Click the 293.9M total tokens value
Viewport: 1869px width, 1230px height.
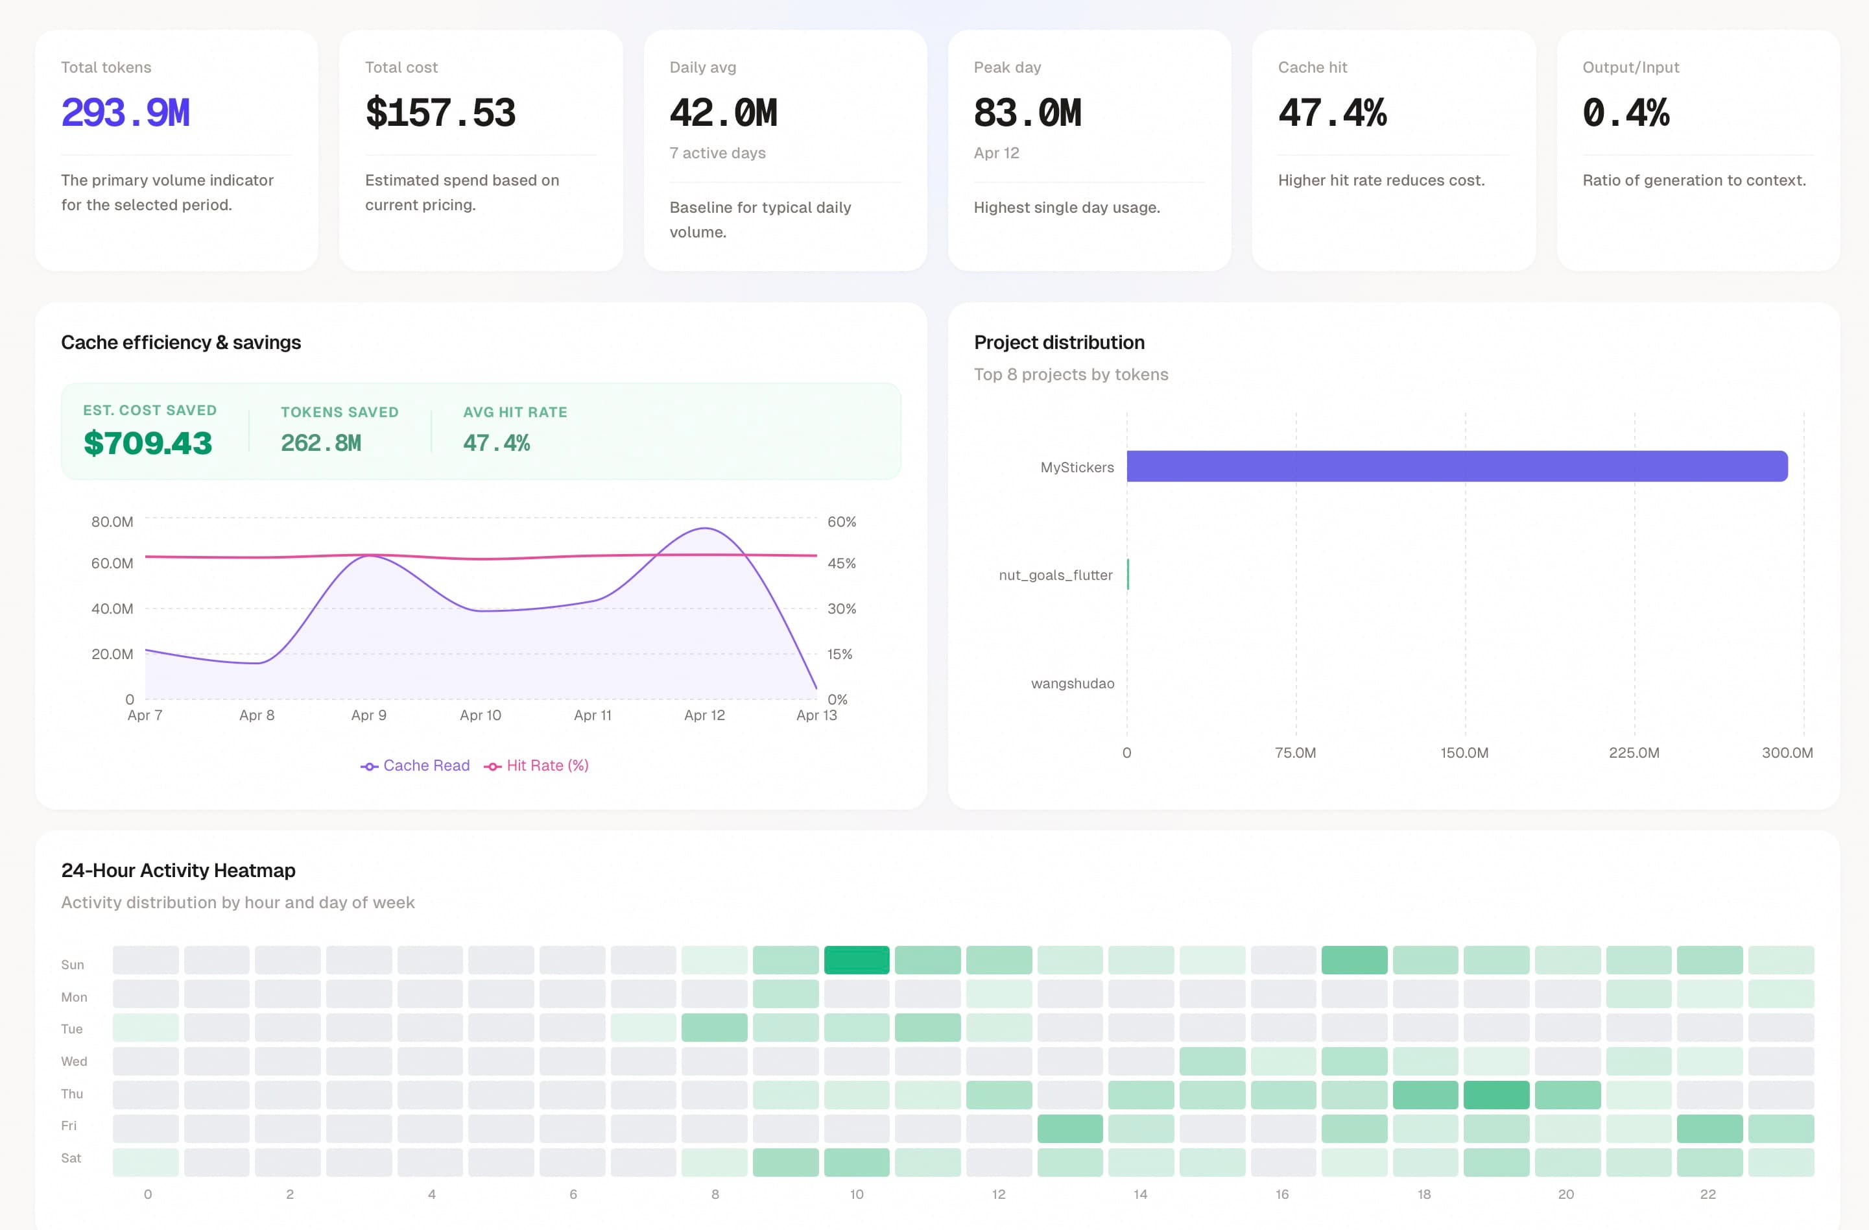tap(126, 113)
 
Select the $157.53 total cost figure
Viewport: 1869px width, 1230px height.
tap(440, 113)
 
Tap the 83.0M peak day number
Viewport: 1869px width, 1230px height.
tap(1027, 113)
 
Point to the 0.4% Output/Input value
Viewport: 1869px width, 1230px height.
tap(1626, 113)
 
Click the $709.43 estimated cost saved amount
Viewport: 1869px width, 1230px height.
tap(148, 443)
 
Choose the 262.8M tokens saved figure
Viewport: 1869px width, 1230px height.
tap(320, 443)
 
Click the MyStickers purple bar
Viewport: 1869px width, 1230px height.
tap(1457, 466)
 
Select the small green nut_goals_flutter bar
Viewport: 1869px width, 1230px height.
tap(1128, 574)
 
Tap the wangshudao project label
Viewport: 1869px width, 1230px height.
tap(1072, 683)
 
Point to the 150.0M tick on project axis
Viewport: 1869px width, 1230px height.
tap(1464, 753)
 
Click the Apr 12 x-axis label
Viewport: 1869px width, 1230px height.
tap(704, 716)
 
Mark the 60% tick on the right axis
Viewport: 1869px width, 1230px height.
tap(841, 522)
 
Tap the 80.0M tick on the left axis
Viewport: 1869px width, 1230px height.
tap(112, 522)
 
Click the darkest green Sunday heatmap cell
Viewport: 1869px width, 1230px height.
tap(856, 960)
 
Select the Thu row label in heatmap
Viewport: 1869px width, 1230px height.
tap(72, 1093)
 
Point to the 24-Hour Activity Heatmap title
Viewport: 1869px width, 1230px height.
tap(178, 870)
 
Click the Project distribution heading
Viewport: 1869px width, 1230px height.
tap(1058, 343)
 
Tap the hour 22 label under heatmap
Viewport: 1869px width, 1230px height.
tap(1708, 1194)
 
